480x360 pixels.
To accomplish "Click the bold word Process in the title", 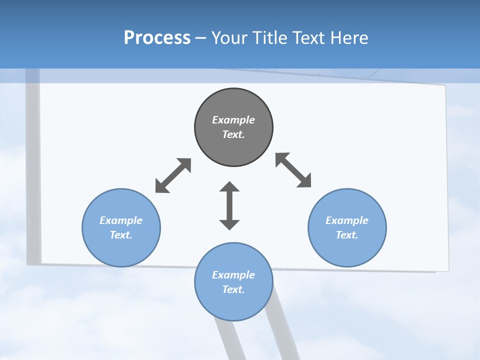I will click(x=157, y=38).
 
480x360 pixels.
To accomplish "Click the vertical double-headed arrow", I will click(x=229, y=205).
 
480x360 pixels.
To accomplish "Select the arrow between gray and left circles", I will click(x=173, y=175).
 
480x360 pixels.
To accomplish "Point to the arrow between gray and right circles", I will click(x=293, y=170).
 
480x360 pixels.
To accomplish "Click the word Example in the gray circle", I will click(x=233, y=120).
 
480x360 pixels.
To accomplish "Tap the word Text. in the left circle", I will click(x=121, y=235).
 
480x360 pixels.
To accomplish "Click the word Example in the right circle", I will click(x=347, y=220).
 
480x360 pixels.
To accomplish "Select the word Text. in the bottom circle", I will click(x=233, y=289).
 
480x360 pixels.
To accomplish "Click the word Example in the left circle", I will click(x=121, y=220).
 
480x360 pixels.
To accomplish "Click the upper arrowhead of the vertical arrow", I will click(x=229, y=188).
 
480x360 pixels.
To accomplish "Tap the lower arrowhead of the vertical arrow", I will click(x=229, y=223).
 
